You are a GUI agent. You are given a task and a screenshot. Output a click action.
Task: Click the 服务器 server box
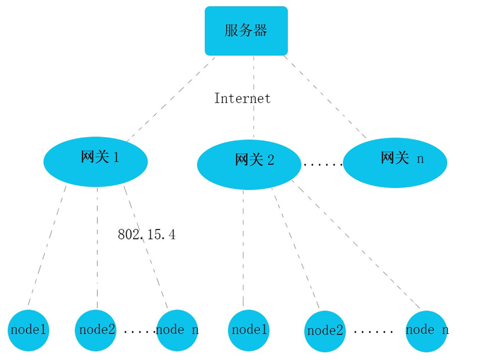(x=246, y=31)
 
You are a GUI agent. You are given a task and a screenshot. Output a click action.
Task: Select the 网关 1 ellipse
(x=95, y=161)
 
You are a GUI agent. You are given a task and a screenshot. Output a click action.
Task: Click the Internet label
(x=242, y=98)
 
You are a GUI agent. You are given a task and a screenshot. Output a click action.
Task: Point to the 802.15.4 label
(x=146, y=234)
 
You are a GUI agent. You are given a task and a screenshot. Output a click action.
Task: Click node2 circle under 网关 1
(x=97, y=330)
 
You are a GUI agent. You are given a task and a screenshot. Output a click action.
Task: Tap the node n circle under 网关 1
(x=176, y=330)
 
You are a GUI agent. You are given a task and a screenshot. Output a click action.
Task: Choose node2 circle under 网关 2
(x=325, y=331)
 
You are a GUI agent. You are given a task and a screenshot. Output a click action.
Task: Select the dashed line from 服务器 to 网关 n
(x=325, y=97)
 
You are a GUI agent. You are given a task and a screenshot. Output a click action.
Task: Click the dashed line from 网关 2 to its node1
(x=243, y=247)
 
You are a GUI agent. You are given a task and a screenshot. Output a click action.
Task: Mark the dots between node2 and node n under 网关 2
(x=373, y=332)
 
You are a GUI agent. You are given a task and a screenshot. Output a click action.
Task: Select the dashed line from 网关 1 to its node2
(x=97, y=247)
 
